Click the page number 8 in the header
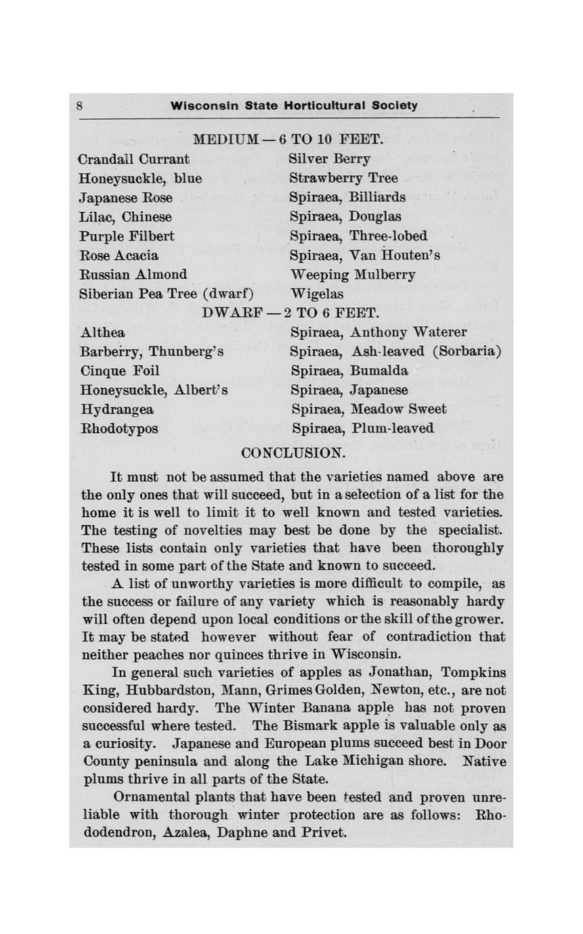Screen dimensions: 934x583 pyautogui.click(x=79, y=106)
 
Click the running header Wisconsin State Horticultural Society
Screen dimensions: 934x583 pyautogui.click(x=294, y=106)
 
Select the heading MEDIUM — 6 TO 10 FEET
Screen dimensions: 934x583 pyautogui.click(x=288, y=140)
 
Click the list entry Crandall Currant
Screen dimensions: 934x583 pyautogui.click(x=134, y=160)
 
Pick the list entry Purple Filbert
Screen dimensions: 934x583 pyautogui.click(x=127, y=236)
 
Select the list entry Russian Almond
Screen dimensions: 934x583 pyautogui.click(x=133, y=275)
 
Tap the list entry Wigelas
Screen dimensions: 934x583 pyautogui.click(x=316, y=294)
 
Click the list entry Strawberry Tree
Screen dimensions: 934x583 pyautogui.click(x=343, y=179)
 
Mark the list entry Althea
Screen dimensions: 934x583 pyautogui.click(x=102, y=333)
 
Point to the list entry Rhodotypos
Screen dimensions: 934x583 pyautogui.click(x=119, y=429)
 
